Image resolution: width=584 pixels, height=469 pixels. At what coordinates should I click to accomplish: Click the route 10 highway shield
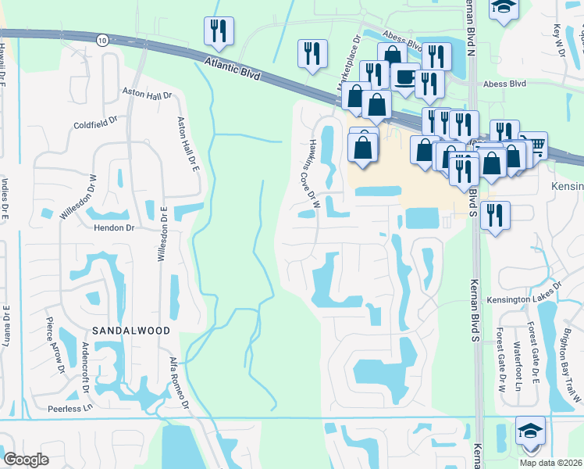[x=103, y=39]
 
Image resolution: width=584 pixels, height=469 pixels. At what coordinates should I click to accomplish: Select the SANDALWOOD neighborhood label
[x=131, y=331]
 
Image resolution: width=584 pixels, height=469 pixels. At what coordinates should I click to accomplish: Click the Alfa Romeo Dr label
[x=180, y=383]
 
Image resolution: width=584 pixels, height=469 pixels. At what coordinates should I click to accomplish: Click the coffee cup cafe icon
[x=404, y=77]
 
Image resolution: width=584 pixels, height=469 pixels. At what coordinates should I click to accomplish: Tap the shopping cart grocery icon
[x=533, y=145]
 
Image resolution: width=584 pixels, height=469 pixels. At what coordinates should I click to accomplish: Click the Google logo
[x=26, y=460]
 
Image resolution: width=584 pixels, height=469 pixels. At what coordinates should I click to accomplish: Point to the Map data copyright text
[x=551, y=463]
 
